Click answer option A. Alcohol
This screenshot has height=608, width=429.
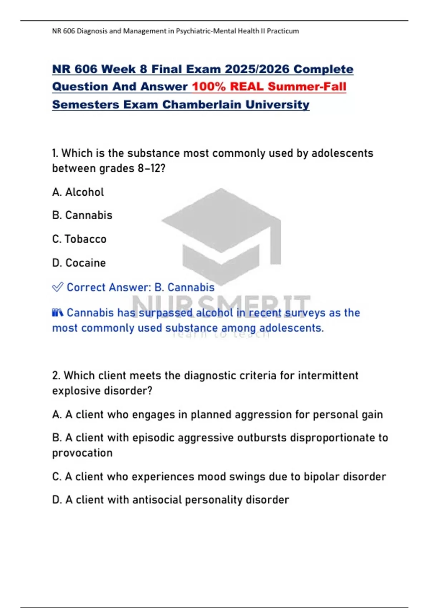[x=78, y=192]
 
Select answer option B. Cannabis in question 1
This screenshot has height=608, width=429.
[x=82, y=215]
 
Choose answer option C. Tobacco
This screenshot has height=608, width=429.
[x=79, y=239]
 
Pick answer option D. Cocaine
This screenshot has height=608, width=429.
[x=79, y=263]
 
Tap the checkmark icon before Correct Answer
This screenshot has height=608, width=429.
[x=58, y=287]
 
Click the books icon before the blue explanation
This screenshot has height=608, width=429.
[x=58, y=313]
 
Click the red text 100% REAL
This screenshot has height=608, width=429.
[x=228, y=87]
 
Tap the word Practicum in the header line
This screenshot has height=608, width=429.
[x=283, y=31]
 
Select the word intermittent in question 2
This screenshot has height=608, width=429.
[x=328, y=376]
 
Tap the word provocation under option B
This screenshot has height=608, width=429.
[x=82, y=453]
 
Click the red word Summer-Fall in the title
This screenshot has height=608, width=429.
[x=307, y=87]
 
